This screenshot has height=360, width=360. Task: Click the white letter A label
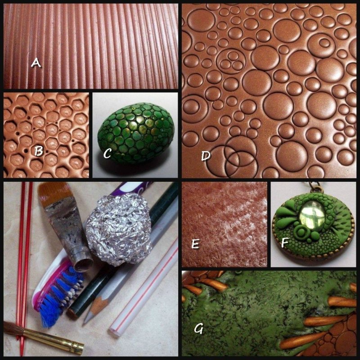point(36,63)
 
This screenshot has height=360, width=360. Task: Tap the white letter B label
point(39,151)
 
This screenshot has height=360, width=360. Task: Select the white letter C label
point(107,153)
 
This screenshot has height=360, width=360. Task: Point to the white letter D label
point(206,156)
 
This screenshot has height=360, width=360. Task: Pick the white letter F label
point(285,243)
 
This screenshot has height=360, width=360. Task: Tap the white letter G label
point(198,329)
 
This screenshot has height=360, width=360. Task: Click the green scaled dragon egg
point(136,133)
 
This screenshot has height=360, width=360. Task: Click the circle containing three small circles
point(231,61)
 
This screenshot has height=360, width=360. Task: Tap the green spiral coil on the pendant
point(301,232)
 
